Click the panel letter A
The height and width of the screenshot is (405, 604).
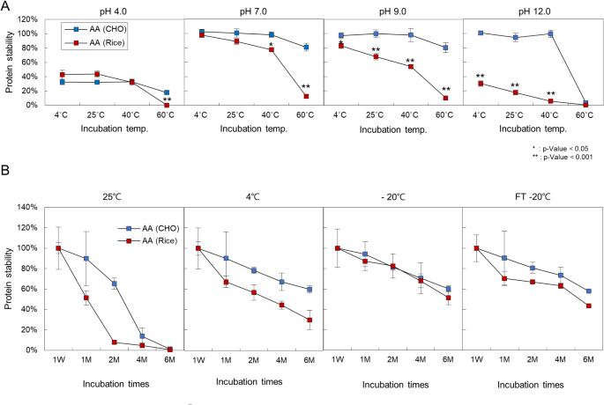[x=7, y=8]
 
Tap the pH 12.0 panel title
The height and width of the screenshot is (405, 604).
[x=519, y=9]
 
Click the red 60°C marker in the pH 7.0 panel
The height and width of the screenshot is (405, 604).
[x=306, y=96]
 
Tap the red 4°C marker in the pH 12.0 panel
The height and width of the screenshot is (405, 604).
[x=481, y=84]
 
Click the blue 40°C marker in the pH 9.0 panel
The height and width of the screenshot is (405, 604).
[x=410, y=35]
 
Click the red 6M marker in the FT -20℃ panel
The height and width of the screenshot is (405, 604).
[x=587, y=306]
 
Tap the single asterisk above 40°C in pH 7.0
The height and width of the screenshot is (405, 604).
[x=271, y=43]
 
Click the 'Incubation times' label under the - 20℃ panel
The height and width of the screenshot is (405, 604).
[x=392, y=384]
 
